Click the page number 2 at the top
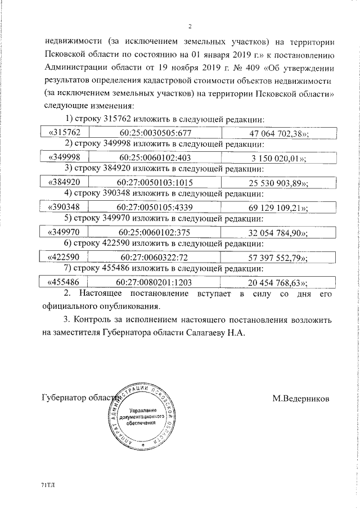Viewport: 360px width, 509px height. tap(190, 26)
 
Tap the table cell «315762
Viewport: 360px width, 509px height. tap(66, 133)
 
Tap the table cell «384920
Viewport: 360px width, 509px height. tap(66, 183)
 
